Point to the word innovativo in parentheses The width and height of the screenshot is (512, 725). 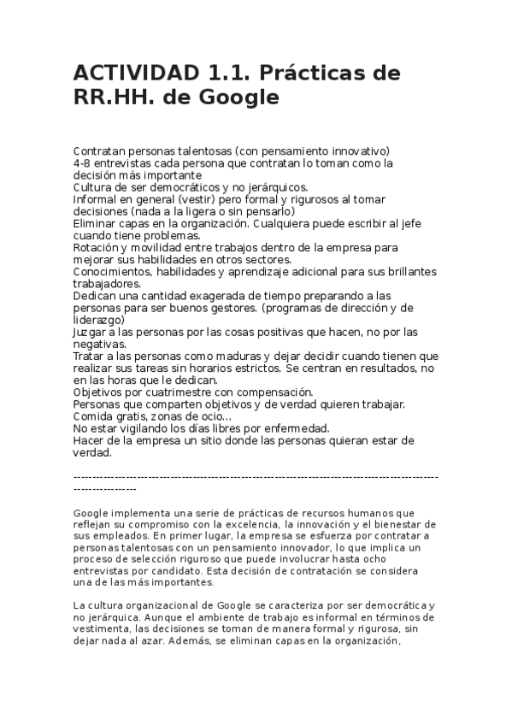[356, 150]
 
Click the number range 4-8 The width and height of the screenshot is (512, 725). [84, 162]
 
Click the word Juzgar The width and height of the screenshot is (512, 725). [91, 332]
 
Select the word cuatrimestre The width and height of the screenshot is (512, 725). [177, 392]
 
